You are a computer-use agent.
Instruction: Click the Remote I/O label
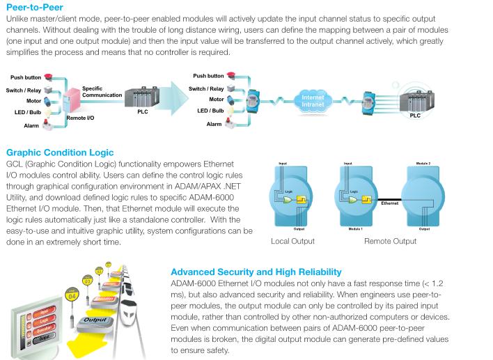(80, 118)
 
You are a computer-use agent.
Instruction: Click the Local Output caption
(292, 241)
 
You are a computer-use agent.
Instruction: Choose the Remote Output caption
(389, 241)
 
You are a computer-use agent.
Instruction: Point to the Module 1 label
(358, 228)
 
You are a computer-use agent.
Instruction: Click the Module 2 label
(424, 164)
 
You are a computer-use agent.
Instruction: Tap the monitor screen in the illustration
(33, 321)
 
